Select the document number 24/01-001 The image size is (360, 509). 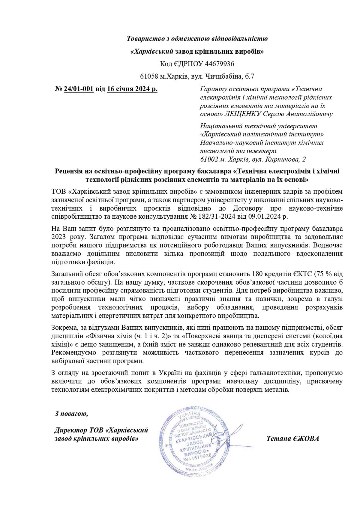[79, 89]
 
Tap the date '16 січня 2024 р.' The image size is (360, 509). [132, 89]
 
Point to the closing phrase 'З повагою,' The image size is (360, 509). [71, 414]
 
